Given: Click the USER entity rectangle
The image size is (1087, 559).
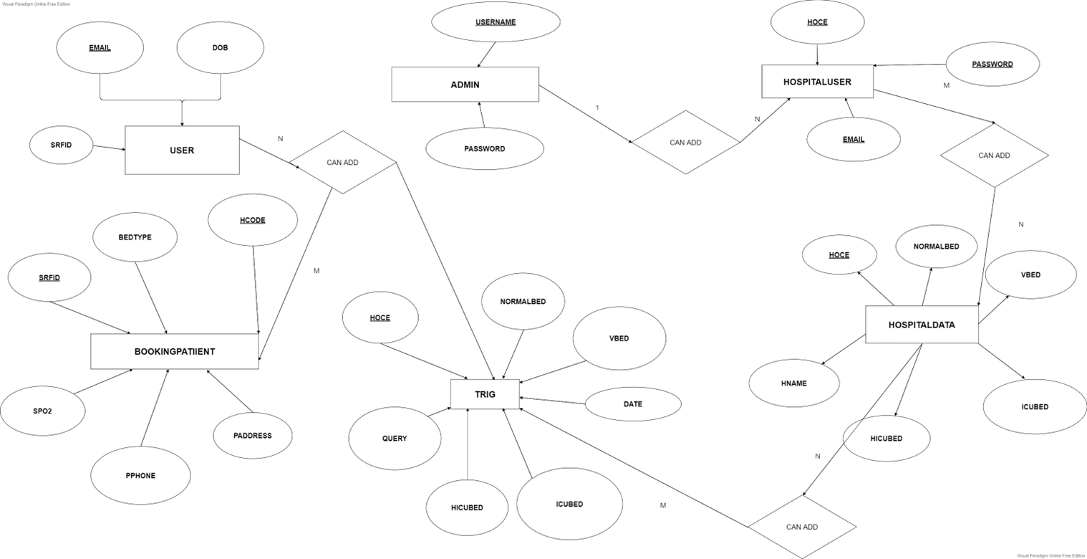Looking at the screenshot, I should (182, 150).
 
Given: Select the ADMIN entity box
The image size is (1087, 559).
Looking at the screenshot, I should (465, 85).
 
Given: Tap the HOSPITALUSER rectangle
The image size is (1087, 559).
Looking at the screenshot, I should (817, 82).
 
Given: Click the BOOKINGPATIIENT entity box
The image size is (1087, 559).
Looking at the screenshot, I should (174, 351).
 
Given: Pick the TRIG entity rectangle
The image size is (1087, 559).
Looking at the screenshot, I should (485, 394).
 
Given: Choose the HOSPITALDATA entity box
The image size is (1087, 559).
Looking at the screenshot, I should (922, 325).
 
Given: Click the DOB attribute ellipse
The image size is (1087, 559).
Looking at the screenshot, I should (220, 48).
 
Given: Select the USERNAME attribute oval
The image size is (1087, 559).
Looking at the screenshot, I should (496, 22).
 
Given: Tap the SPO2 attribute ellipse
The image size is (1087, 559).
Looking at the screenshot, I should (42, 411).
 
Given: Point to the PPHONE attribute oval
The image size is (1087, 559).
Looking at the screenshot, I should (140, 476).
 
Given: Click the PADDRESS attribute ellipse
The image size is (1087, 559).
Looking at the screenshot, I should (252, 436).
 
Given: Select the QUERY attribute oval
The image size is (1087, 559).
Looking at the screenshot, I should (395, 439).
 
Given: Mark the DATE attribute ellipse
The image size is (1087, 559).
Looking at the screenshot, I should (633, 404).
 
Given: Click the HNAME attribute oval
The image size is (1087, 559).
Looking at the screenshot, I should (794, 383).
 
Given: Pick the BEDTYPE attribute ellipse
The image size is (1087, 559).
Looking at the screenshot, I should (135, 237).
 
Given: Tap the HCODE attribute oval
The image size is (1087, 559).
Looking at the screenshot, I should (252, 220).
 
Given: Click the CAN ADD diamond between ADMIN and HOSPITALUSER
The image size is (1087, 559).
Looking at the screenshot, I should (685, 142).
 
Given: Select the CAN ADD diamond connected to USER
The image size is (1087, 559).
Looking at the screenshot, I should (342, 162).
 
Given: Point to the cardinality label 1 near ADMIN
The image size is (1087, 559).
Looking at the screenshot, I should (597, 108).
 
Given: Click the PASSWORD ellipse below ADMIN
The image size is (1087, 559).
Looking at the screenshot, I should (485, 149).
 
